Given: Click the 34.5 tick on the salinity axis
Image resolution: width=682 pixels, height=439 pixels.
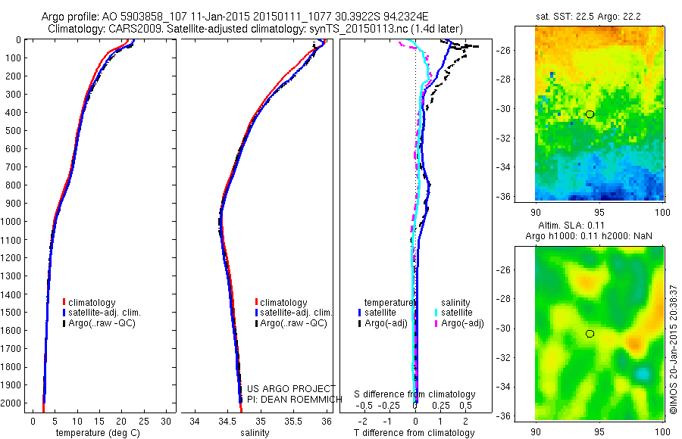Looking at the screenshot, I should click(227, 420).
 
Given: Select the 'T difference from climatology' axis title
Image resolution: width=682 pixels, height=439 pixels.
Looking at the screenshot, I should click(415, 433).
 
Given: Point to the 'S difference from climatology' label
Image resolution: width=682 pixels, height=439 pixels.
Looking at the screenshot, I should click(415, 394).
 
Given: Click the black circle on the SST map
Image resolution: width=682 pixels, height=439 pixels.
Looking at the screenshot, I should click(590, 114).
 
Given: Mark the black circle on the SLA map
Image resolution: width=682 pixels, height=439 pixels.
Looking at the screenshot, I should click(590, 333).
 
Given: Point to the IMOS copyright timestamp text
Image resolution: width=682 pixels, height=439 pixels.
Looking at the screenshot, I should click(672, 349).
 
